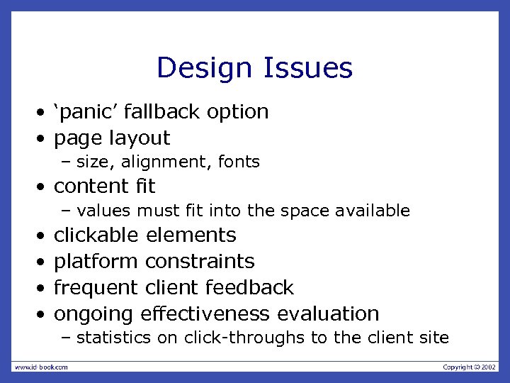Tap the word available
pyautogui.click(x=375, y=211)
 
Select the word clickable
pyautogui.click(x=98, y=235)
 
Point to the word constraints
pyautogui.click(x=199, y=261)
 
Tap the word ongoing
pyautogui.click(x=94, y=313)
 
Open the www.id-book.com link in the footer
pyautogui.click(x=41, y=367)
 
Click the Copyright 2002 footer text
pyautogui.click(x=469, y=367)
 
